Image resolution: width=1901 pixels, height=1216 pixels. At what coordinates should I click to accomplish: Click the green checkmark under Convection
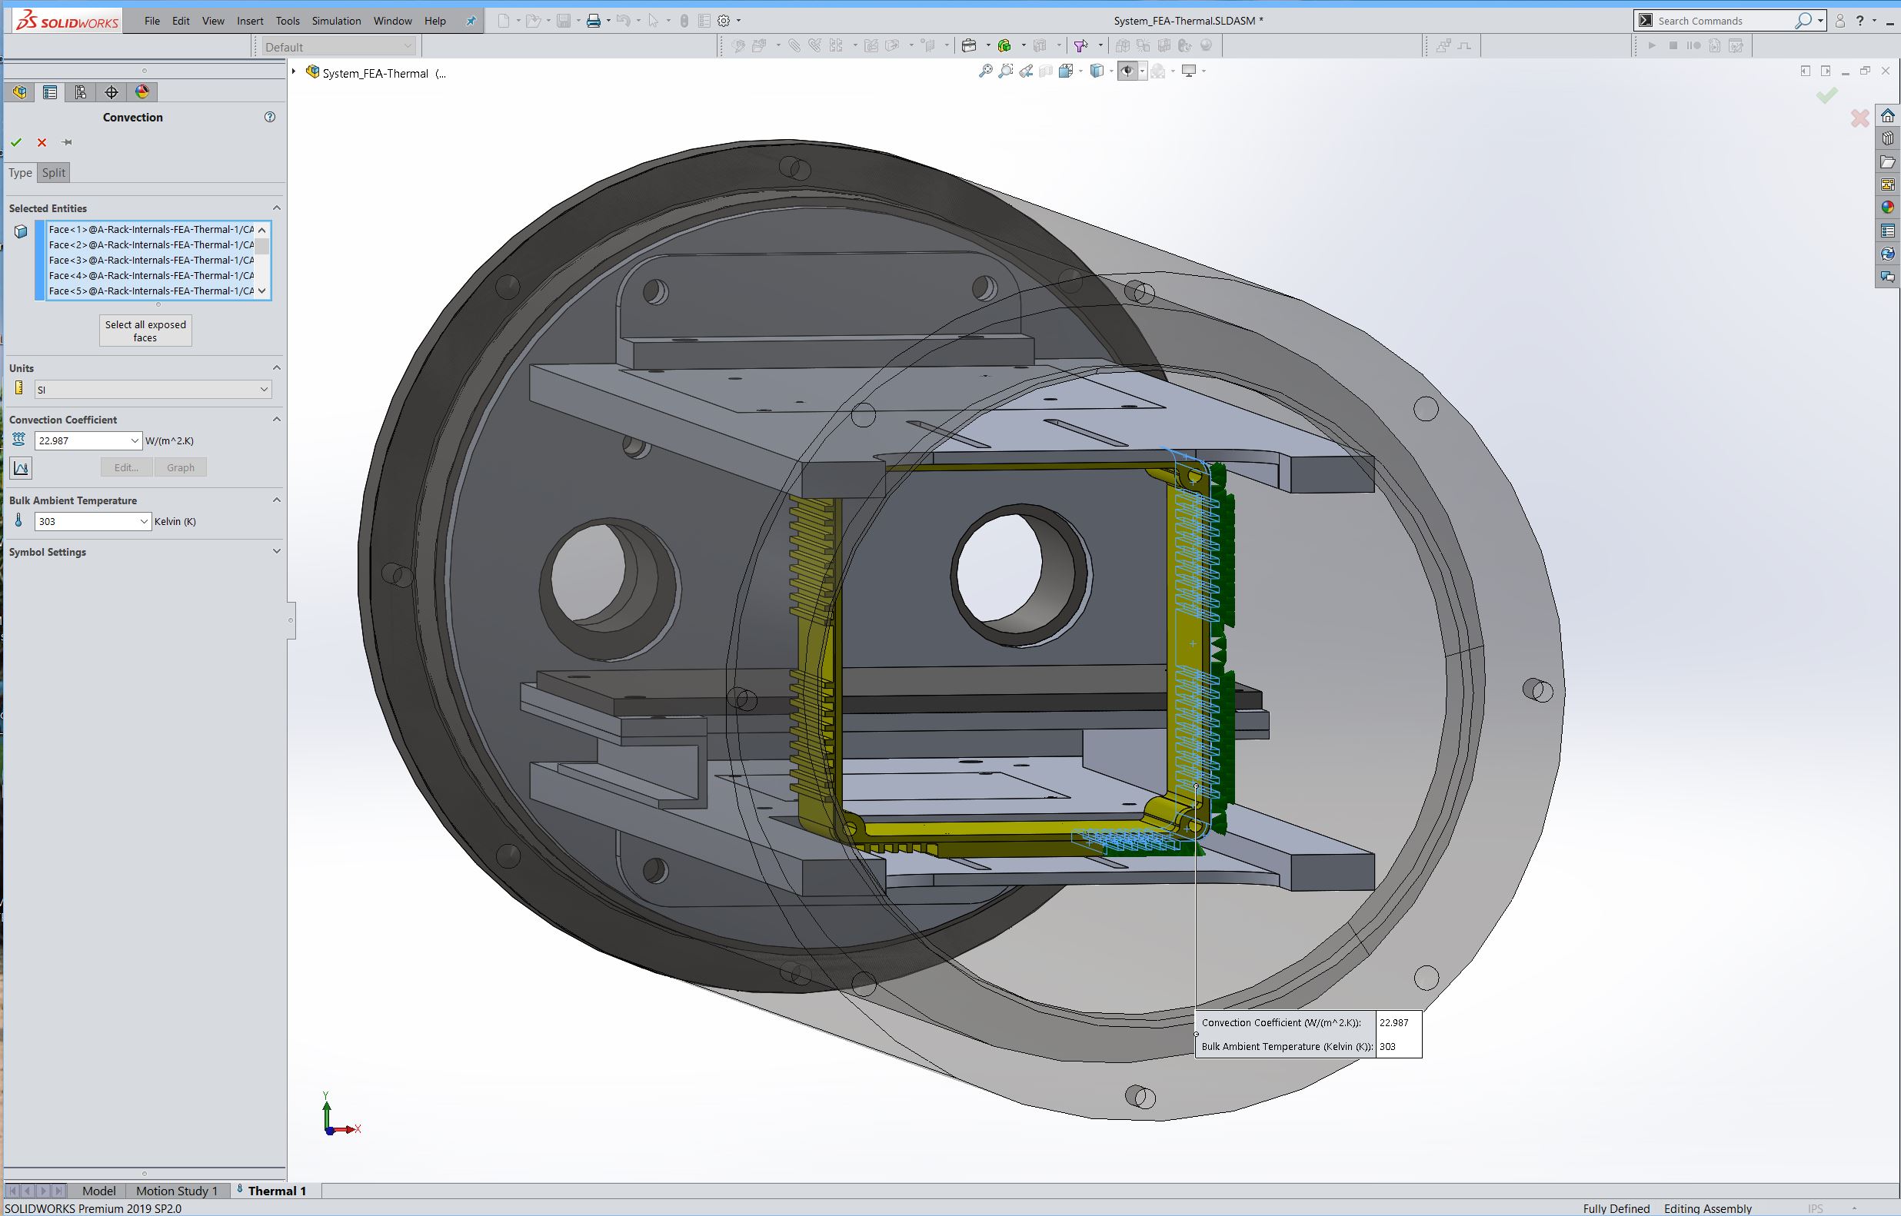(16, 142)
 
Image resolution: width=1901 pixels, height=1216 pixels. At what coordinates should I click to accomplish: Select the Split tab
(54, 173)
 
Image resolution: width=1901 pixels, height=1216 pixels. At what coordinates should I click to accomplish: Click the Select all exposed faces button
(145, 331)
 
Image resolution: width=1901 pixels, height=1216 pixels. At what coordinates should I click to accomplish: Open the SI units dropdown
(153, 389)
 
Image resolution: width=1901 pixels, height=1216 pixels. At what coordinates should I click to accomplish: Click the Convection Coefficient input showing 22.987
(88, 440)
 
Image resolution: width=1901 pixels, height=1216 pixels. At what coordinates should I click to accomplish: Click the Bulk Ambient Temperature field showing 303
(92, 521)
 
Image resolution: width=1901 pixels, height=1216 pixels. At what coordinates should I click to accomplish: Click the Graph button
(181, 467)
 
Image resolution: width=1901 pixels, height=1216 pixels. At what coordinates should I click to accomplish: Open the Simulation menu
(337, 21)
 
